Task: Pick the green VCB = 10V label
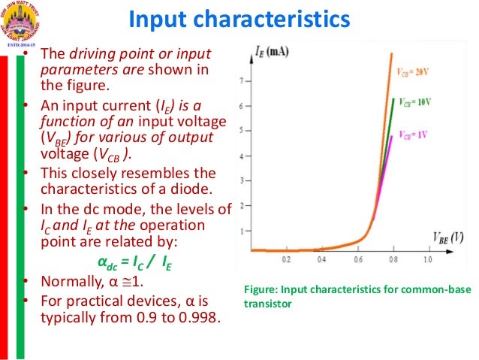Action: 416,100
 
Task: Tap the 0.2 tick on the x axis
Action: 286,259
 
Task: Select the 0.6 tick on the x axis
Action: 357,259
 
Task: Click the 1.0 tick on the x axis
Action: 426,259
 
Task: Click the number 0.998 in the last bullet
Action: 201,316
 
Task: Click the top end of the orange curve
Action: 391,55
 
